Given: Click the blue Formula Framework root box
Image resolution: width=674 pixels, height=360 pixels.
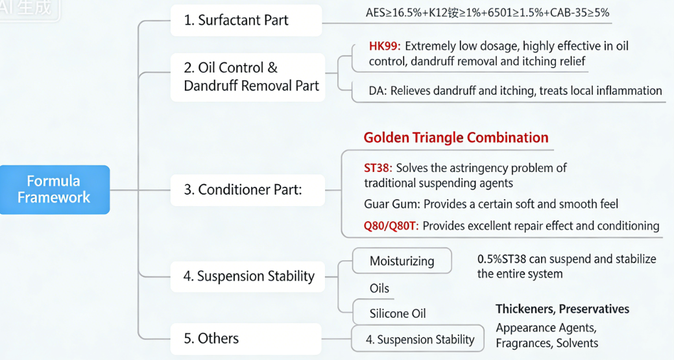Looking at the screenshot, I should click(54, 189).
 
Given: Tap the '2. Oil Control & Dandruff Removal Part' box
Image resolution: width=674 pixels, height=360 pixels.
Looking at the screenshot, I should click(247, 77).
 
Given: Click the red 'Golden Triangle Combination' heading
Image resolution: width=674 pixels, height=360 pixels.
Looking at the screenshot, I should click(455, 138).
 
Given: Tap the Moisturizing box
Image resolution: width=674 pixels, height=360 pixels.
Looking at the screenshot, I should click(402, 261).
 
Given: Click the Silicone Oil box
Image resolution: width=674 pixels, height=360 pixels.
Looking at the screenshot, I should click(398, 313).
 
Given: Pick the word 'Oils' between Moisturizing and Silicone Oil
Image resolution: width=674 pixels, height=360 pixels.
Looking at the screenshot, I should click(379, 288).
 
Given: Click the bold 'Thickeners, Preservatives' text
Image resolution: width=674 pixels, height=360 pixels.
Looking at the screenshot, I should click(562, 309).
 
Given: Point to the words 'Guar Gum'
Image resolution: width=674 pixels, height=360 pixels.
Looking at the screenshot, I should click(391, 204).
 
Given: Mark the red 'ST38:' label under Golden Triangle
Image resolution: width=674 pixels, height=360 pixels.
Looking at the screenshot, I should click(378, 168).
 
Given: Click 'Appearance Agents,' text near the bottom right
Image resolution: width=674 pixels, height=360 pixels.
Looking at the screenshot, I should click(546, 328).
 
